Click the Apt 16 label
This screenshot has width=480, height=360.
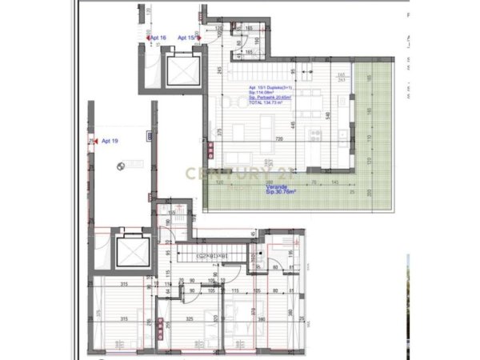[158, 38]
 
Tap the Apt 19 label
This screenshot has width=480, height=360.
[110, 141]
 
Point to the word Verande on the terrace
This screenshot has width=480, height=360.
[276, 186]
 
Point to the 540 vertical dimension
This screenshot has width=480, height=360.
[327, 114]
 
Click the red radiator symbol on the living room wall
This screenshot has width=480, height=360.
[210, 149]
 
